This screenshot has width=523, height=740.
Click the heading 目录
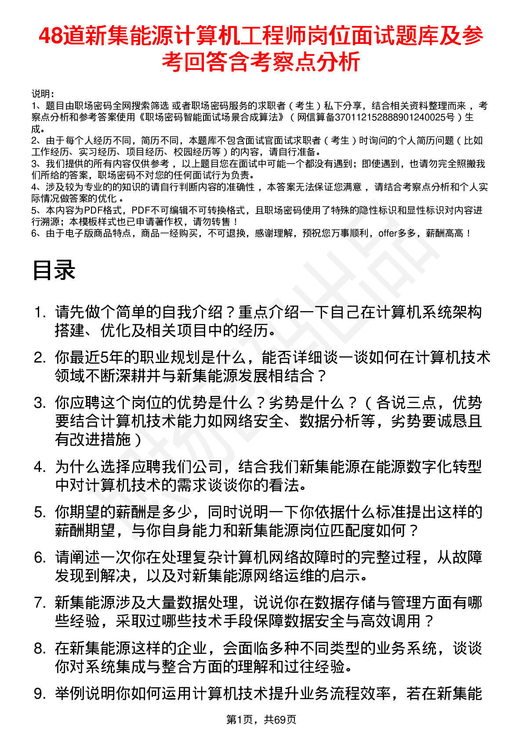point(54,270)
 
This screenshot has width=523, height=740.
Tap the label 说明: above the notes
point(43,94)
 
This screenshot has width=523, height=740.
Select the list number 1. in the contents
point(40,313)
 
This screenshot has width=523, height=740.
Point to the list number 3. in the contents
point(40,403)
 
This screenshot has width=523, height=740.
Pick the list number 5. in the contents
point(40,512)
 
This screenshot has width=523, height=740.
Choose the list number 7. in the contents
point(40,603)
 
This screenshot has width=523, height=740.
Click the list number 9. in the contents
point(40,694)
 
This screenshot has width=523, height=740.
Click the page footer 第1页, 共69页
point(261,719)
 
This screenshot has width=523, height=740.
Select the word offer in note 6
point(388,233)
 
